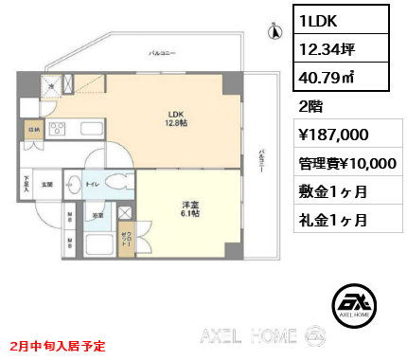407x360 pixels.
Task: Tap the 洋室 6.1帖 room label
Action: click(x=187, y=210)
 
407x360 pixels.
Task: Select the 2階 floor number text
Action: click(x=310, y=106)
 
